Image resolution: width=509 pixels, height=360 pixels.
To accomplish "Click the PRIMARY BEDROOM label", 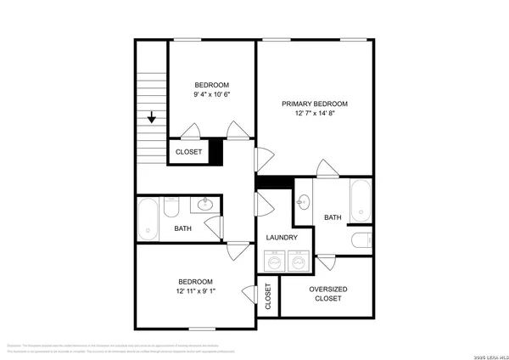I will (x=316, y=104).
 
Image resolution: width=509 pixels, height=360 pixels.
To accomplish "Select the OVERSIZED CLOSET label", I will (x=327, y=294).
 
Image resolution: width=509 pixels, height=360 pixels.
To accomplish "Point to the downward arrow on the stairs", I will (x=152, y=117).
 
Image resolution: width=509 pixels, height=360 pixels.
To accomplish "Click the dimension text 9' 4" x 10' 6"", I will (x=211, y=95).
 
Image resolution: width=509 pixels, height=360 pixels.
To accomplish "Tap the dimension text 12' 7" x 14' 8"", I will (x=316, y=114).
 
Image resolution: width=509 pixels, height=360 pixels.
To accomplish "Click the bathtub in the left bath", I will (x=149, y=218).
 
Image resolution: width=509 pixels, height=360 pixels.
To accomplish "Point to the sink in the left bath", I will (x=205, y=204).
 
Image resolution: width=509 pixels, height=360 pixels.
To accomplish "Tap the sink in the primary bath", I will (x=303, y=202).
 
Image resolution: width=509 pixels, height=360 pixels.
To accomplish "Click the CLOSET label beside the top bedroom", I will (x=188, y=152).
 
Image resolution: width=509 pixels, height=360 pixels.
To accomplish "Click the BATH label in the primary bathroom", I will (x=332, y=218).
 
